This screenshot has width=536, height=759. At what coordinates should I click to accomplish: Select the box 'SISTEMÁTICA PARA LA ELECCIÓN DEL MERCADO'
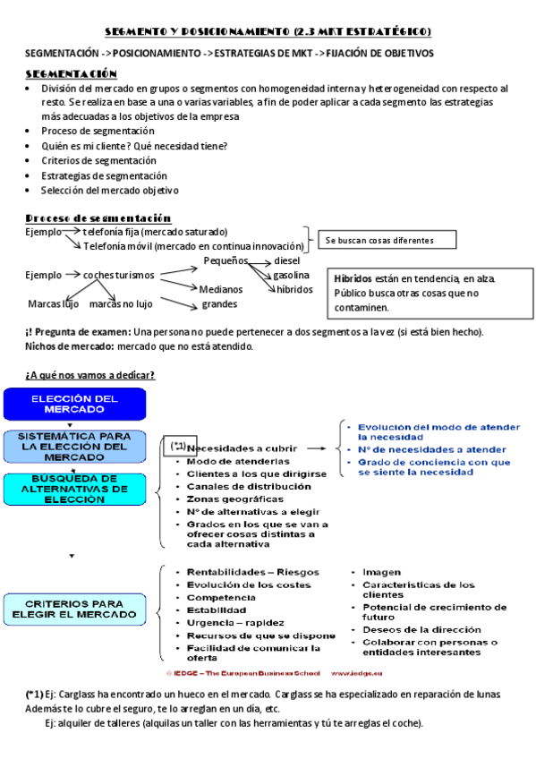click(75, 445)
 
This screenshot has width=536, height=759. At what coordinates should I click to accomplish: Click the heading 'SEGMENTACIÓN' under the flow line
click(72, 72)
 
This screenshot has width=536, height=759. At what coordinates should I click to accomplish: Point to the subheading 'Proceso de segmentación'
click(98, 217)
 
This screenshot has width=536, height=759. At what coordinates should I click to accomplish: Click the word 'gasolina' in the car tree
click(291, 275)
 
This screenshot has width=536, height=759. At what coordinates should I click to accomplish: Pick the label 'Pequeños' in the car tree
click(225, 260)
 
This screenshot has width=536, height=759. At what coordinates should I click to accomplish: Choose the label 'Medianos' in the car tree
click(220, 289)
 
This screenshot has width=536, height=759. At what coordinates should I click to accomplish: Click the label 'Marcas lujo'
click(54, 303)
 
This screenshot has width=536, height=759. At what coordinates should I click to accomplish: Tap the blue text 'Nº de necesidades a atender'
click(432, 449)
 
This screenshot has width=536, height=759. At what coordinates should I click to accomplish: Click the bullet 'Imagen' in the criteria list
click(381, 571)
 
